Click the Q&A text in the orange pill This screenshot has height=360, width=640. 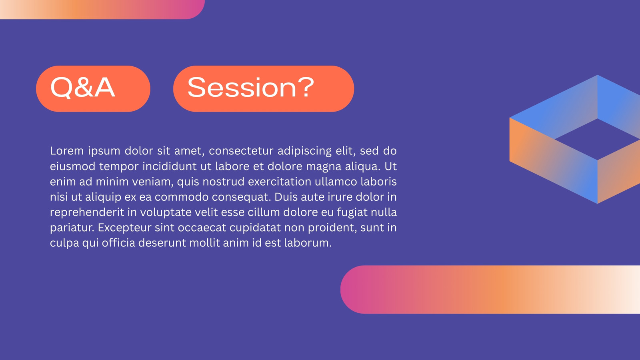coord(82,88)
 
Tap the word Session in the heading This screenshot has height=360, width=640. coord(242,87)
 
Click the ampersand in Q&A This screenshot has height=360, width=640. coord(82,87)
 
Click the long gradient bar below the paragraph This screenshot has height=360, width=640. coord(490,290)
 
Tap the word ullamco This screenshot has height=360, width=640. coord(336,182)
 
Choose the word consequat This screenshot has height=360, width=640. coord(241,197)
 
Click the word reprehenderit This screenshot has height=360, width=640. coord(87,212)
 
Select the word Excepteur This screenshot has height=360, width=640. coord(124,228)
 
